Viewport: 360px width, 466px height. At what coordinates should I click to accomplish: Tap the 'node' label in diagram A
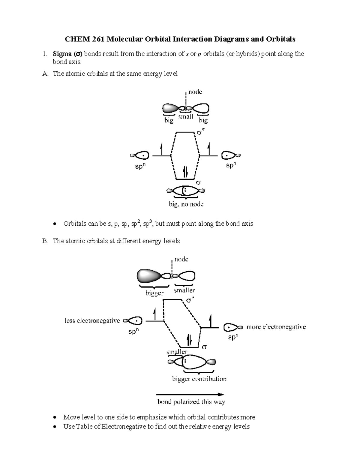195,92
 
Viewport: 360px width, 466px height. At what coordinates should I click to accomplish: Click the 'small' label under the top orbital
185,116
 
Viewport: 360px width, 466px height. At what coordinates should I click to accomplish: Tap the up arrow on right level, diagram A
209,149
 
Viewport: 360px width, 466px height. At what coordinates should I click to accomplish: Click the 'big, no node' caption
186,204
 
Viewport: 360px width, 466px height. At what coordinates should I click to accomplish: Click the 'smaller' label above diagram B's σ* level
184,290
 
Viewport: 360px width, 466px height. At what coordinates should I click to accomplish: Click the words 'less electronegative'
92,321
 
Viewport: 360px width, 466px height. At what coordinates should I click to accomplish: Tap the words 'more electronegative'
276,327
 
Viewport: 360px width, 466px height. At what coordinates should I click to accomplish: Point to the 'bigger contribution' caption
199,379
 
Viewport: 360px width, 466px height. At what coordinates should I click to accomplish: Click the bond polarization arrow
190,395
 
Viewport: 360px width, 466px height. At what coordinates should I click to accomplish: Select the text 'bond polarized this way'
191,402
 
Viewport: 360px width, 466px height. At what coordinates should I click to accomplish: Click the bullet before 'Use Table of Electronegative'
54,427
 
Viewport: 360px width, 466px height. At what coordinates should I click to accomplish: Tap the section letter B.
45,241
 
